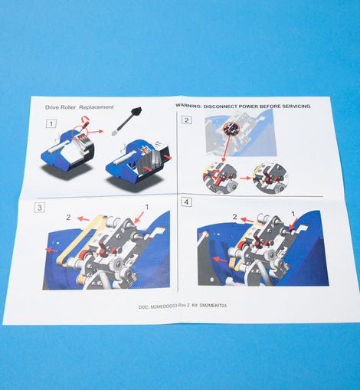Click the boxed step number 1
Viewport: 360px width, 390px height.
pos(51,123)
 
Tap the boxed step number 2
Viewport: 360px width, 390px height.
pos(186,120)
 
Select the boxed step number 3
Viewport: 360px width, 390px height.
pos(40,207)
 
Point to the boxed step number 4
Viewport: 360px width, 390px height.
pos(186,202)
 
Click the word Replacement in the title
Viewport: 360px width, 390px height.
pos(97,107)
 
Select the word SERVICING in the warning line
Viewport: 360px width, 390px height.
pos(296,106)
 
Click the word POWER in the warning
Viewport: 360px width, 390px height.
pos(249,106)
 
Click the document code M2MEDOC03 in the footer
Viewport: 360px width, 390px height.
pos(164,306)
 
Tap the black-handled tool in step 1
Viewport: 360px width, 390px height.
pos(127,121)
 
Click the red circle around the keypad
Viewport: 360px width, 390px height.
pos(80,133)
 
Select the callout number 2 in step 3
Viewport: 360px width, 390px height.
pos(68,218)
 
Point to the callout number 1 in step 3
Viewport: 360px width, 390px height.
pos(147,207)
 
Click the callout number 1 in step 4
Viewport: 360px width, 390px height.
pos(293,214)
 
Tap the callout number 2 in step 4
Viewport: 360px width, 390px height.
pos(234,217)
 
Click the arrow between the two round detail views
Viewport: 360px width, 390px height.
pos(245,178)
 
